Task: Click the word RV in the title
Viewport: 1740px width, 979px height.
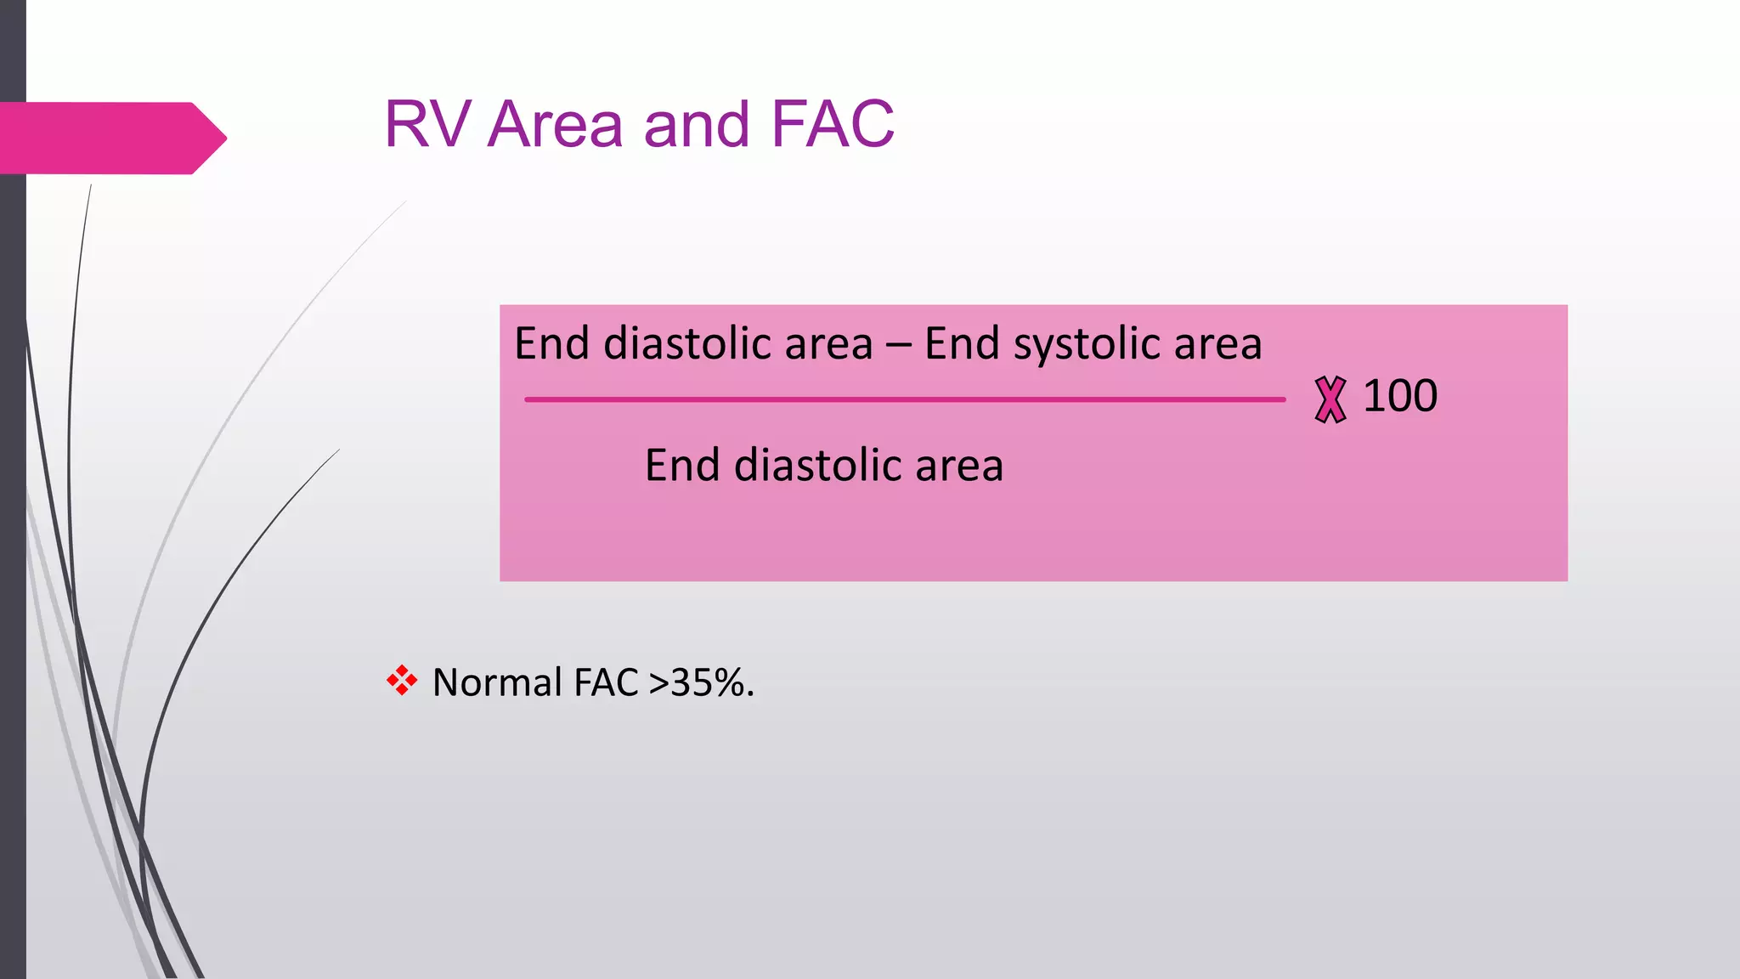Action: coord(427,125)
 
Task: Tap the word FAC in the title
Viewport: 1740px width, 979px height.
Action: coord(833,125)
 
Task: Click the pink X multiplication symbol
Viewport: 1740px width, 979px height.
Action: coord(1330,399)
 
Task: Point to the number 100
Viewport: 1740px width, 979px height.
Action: coord(1400,396)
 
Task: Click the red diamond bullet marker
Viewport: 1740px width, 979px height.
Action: coord(402,681)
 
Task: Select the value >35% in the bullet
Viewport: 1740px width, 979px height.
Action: coord(700,682)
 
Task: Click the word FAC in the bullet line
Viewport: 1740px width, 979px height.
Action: coord(606,682)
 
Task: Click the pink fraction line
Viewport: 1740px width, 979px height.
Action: coord(904,399)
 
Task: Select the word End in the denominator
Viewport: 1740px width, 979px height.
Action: coord(682,466)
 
